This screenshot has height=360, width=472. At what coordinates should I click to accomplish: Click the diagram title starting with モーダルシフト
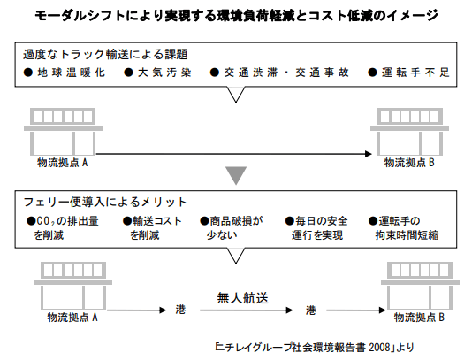coord(236,15)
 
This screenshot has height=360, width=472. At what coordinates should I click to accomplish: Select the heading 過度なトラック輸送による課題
coord(105,55)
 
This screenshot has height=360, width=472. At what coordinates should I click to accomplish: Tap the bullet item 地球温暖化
coord(65,73)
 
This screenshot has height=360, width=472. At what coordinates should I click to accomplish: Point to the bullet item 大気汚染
coord(157,73)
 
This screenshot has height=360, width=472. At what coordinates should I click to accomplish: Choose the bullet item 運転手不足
coord(408,73)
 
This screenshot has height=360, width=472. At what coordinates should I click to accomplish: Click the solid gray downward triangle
coord(236,175)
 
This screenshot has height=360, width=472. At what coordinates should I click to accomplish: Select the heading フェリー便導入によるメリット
coord(105,202)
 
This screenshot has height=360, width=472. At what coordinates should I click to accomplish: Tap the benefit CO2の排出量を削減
coord(63,228)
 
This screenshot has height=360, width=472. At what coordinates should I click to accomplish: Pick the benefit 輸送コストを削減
coord(152,228)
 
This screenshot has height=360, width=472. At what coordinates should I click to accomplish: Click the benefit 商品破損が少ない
coord(232,228)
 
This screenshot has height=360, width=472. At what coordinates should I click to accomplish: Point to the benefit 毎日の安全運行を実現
coord(316,228)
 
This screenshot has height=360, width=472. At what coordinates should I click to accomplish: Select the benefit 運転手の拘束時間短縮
coord(403,228)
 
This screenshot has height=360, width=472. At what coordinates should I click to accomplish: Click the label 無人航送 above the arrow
coord(242,298)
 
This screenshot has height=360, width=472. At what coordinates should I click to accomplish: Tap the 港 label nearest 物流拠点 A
coord(180,310)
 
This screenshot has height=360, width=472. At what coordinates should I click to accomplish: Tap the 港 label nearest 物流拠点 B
coord(310,310)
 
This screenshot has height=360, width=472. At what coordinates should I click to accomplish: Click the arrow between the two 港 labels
coord(246,310)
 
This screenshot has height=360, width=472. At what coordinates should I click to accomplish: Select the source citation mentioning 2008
coord(315,348)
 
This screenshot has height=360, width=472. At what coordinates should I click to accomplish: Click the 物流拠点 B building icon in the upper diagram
coord(410,132)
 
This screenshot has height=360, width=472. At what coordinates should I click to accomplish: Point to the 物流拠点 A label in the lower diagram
coord(72,318)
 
